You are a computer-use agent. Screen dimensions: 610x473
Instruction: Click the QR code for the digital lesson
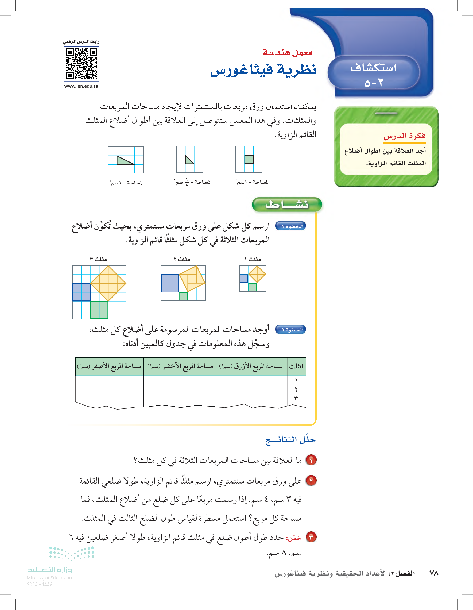81,64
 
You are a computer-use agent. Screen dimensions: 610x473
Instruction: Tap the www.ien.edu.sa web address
81,86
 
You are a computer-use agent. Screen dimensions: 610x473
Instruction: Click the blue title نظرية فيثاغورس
263,70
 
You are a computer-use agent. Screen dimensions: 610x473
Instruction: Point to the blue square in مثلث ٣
81,292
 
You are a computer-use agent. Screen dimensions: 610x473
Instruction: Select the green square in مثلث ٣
99,310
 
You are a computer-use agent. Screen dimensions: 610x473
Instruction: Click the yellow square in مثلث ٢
192,279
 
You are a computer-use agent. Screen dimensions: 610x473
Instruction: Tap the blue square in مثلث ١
244,279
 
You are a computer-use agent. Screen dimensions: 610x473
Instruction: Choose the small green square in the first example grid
249,160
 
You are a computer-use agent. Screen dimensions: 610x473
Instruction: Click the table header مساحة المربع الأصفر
109,366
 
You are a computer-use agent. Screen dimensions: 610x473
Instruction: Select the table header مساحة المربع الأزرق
251,366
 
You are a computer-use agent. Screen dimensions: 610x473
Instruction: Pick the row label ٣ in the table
296,398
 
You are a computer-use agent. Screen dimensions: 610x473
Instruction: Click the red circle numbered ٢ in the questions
311,481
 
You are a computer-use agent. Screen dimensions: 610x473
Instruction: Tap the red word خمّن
293,538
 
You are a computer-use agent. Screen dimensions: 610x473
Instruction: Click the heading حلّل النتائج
290,440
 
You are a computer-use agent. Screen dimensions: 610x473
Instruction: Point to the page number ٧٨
434,573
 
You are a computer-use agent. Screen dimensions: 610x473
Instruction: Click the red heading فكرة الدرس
404,136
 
